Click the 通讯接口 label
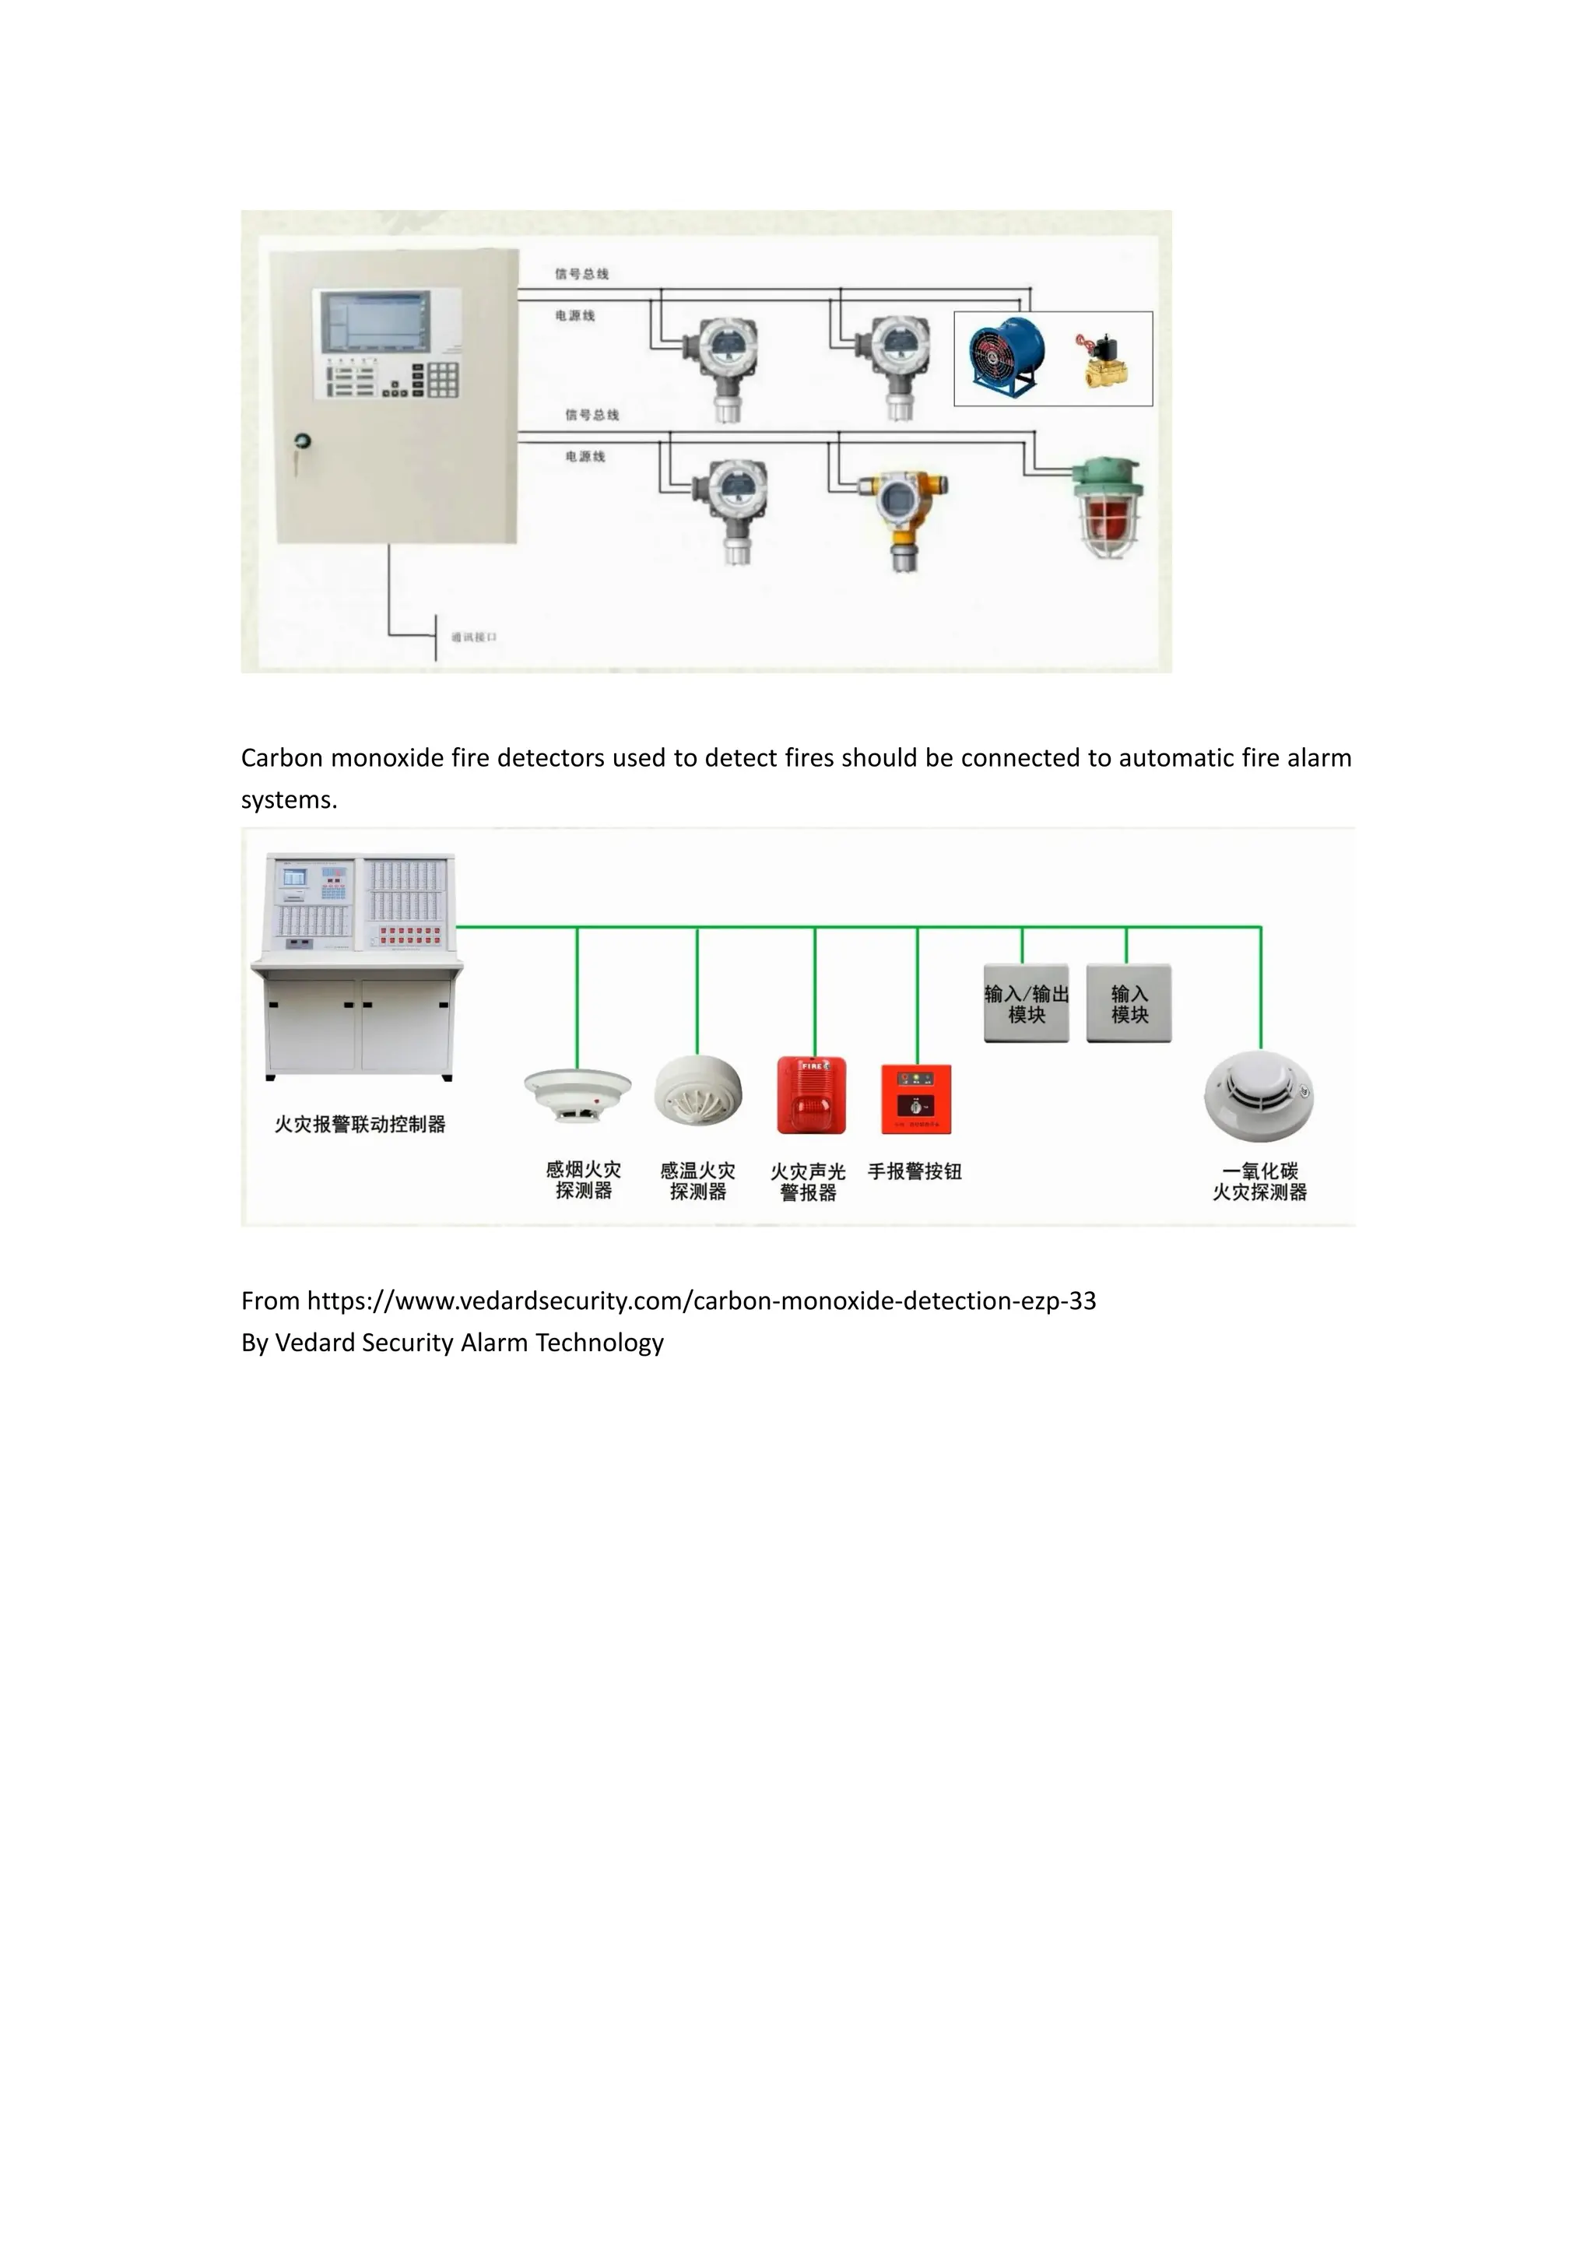coord(474,637)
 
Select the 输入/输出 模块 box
coord(1027,1003)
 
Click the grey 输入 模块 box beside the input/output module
coord(1129,1003)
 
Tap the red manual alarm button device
coord(916,1098)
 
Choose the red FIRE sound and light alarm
coord(811,1094)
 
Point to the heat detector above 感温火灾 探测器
coord(698,1090)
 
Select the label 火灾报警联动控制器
coord(360,1124)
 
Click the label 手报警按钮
coord(915,1171)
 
